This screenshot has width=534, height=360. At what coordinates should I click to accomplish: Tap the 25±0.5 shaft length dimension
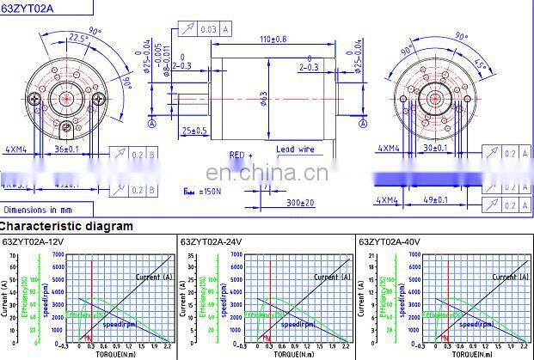pos(194,131)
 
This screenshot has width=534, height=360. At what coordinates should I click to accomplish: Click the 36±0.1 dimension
pos(65,149)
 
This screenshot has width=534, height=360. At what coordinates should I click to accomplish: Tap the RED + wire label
pos(241,156)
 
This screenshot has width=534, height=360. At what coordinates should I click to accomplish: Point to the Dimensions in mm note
pos(38,209)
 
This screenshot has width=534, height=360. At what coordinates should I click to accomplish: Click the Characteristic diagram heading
pos(66,227)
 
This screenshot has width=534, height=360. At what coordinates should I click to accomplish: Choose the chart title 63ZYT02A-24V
pos(212,242)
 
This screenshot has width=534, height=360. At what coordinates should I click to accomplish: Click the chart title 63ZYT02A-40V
pos(389,242)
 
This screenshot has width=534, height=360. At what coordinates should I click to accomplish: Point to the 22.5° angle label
pos(78,38)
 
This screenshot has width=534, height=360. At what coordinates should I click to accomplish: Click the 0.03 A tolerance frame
pos(213,29)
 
